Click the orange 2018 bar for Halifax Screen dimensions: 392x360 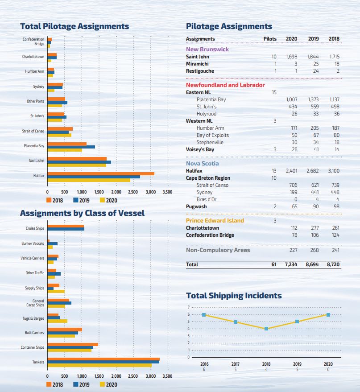pyautogui.click(x=100, y=173)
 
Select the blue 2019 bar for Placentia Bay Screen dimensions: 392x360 pyautogui.click(x=71, y=147)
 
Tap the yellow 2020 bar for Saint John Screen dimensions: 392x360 pyautogui.click(x=77, y=165)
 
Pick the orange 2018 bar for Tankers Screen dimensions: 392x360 pyautogui.click(x=103, y=359)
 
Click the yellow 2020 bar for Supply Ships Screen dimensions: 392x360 pyautogui.click(x=56, y=291)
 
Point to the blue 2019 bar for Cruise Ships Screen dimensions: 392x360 pyautogui.click(x=66, y=229)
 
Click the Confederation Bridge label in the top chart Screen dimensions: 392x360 pyautogui.click(x=33, y=41)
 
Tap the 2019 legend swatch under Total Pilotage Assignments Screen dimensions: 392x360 pyautogui.click(x=76, y=200)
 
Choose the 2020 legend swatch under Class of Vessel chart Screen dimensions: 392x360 pyautogui.click(x=103, y=384)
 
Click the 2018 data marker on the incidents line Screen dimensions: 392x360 pyautogui.click(x=266, y=329)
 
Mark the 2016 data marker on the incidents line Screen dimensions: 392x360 pyautogui.click(x=204, y=315)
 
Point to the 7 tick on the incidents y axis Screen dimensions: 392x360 pyautogui.click(x=189, y=307)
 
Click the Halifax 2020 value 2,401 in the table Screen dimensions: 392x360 pyautogui.click(x=291, y=171)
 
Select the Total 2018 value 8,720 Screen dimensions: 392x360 pyautogui.click(x=333, y=264)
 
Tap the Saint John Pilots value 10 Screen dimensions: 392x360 pyautogui.click(x=274, y=57)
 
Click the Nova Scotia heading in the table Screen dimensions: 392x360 pyautogui.click(x=203, y=163)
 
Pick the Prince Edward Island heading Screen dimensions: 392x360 pyautogui.click(x=215, y=220)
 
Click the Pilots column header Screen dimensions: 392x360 pyautogui.click(x=270, y=39)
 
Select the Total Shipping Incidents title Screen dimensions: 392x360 pyautogui.click(x=234, y=295)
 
